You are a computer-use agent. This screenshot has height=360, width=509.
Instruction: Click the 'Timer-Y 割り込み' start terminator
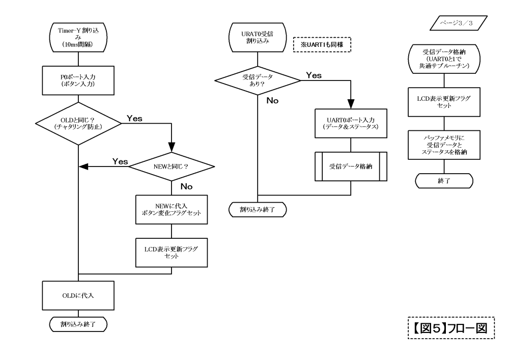pos(78,37)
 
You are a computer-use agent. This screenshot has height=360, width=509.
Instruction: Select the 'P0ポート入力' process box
pos(78,80)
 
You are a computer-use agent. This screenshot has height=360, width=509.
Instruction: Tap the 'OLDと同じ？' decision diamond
pos(78,123)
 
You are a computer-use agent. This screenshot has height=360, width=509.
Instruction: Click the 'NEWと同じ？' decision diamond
pos(172,167)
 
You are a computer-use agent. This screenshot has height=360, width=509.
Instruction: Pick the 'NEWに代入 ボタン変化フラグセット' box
pos(172,210)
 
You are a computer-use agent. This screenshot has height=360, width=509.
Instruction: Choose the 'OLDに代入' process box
pos(78,296)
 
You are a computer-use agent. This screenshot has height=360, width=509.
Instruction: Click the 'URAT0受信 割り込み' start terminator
pos(258,37)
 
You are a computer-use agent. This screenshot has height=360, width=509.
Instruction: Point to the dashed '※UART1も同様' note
pos(322,44)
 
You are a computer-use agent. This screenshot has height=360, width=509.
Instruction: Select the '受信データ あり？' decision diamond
pos(258,80)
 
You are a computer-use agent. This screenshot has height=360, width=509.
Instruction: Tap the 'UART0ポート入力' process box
pos(351,123)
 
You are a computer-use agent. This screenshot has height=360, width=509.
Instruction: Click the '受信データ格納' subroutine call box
pos(351,167)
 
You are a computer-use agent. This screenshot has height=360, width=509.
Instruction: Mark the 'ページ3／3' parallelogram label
pos(459,23)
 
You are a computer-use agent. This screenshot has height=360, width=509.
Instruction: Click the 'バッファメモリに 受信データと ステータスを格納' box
pos(444,145)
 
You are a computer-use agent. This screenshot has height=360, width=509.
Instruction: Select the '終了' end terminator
pos(444,181)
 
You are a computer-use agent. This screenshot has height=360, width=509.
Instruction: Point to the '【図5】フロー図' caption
pos(451,328)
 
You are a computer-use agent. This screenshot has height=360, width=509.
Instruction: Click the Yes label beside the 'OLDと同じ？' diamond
pos(134,119)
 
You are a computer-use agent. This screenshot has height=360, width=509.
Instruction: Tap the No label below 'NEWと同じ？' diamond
pos(187,187)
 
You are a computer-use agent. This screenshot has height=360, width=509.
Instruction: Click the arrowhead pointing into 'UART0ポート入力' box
pos(351,104)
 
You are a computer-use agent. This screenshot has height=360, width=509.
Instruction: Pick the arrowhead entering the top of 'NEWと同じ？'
pos(172,147)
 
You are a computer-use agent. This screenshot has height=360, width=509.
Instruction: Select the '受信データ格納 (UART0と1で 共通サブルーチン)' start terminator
pos(444,59)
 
